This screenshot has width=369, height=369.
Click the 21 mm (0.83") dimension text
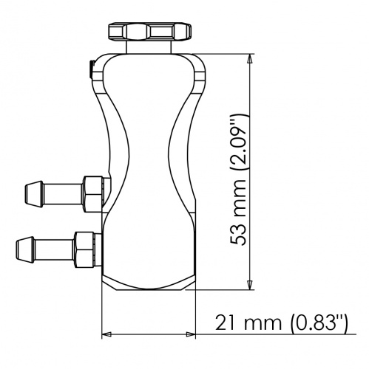click(281, 323)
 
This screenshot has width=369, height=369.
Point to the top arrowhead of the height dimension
click(251, 61)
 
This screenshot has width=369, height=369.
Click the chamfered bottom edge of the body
click(148, 286)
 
